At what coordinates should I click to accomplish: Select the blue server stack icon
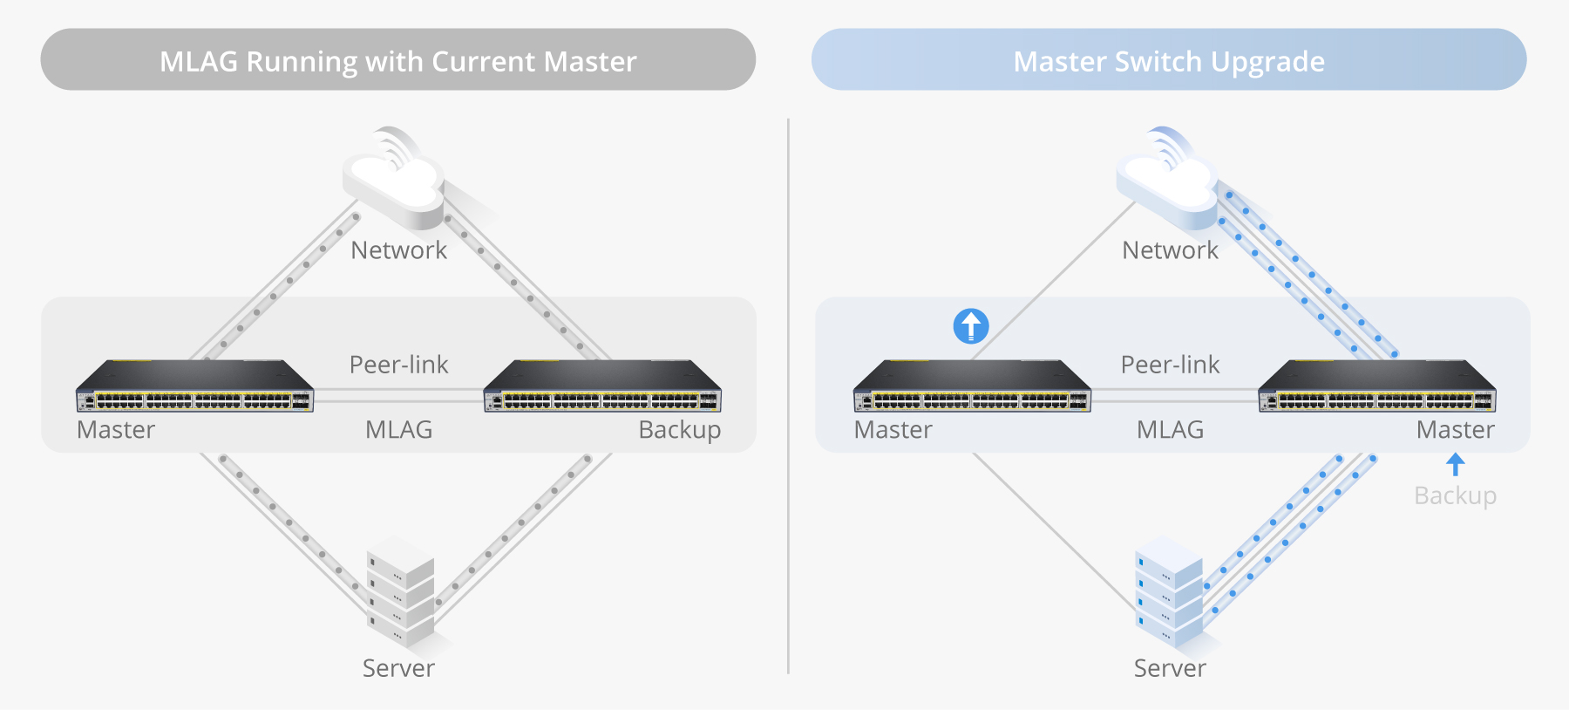pyautogui.click(x=1169, y=593)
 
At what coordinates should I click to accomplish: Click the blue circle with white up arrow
pyautogui.click(x=971, y=326)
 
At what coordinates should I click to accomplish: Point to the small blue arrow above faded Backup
pyautogui.click(x=1455, y=464)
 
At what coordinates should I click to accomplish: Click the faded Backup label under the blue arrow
pyautogui.click(x=1455, y=495)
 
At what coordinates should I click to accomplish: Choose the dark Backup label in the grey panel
pyautogui.click(x=679, y=430)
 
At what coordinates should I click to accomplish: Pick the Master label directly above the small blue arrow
pyautogui.click(x=1455, y=430)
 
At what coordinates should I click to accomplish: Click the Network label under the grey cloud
pyautogui.click(x=398, y=250)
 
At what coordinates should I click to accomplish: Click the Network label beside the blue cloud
pyautogui.click(x=1170, y=250)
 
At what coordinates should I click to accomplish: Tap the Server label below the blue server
pyautogui.click(x=1170, y=668)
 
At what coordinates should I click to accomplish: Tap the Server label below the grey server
pyautogui.click(x=398, y=668)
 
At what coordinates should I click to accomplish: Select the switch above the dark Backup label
pyautogui.click(x=602, y=386)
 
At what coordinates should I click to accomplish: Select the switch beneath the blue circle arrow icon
pyautogui.click(x=972, y=386)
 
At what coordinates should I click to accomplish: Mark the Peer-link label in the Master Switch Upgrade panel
pyautogui.click(x=1170, y=365)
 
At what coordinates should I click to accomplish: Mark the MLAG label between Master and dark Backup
pyautogui.click(x=398, y=430)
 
